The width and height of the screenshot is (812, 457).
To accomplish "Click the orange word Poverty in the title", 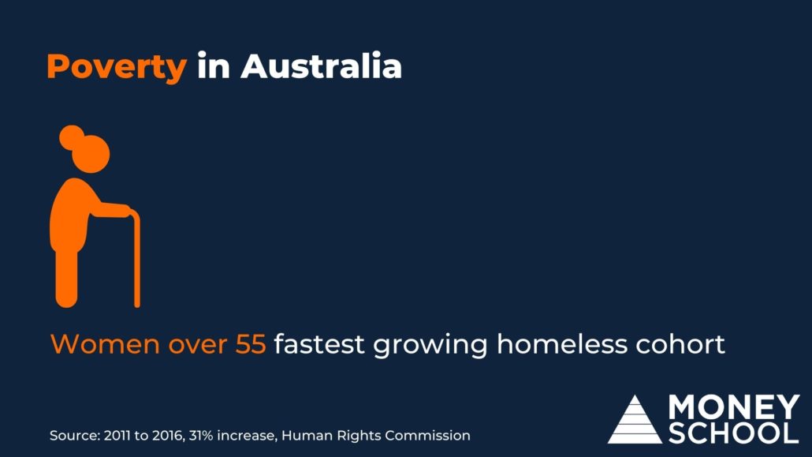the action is [x=117, y=67].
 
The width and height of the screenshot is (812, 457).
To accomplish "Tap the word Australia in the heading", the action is [x=321, y=66].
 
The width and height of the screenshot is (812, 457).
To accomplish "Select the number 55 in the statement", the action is [x=251, y=344].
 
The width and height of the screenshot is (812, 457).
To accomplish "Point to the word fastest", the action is [x=319, y=344].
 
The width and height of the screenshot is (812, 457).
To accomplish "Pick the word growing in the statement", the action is [x=430, y=346].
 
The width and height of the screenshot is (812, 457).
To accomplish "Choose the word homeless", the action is [x=561, y=343].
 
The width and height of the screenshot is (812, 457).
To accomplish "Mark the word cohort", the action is [x=680, y=343].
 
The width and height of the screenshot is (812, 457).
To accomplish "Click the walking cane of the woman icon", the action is [x=136, y=260].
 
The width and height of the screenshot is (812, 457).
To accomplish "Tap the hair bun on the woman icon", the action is [x=72, y=137].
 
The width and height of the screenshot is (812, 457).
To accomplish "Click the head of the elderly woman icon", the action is [x=91, y=154].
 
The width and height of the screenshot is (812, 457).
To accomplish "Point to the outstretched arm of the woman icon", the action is [x=109, y=210].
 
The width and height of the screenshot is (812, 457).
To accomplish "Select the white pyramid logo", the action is [x=635, y=420].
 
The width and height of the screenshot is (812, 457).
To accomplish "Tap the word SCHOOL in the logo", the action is [x=733, y=433].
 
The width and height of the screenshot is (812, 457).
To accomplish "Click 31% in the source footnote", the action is [x=200, y=435].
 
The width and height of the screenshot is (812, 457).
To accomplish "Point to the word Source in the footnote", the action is [x=75, y=435].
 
